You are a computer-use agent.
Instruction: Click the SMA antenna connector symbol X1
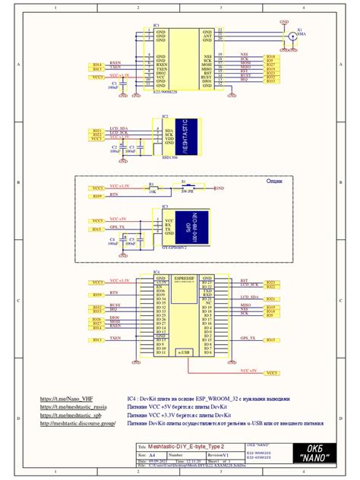[291, 36]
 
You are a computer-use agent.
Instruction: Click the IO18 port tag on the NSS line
[270, 57]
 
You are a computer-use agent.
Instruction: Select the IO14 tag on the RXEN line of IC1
[96, 64]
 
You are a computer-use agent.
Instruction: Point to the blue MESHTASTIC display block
[187, 133]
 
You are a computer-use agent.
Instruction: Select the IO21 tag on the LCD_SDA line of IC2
[96, 130]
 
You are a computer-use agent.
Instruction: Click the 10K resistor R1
[152, 188]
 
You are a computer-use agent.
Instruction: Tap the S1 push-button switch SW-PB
[185, 187]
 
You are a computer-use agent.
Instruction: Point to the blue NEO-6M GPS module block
[187, 226]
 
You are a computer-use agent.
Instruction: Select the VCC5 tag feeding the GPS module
[96, 220]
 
